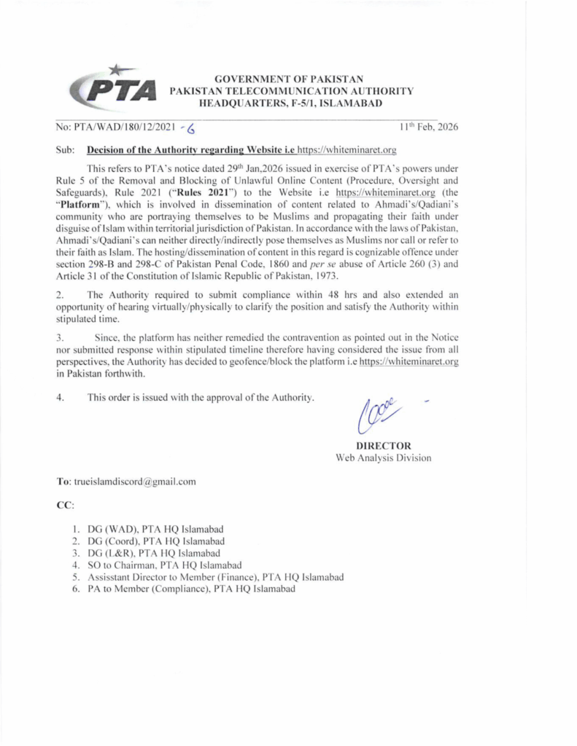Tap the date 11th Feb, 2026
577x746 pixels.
[429, 127]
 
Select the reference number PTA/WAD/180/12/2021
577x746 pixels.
[115, 127]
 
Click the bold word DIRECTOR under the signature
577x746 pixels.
[383, 446]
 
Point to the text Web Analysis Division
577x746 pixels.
[383, 458]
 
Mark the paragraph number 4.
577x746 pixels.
[58, 398]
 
